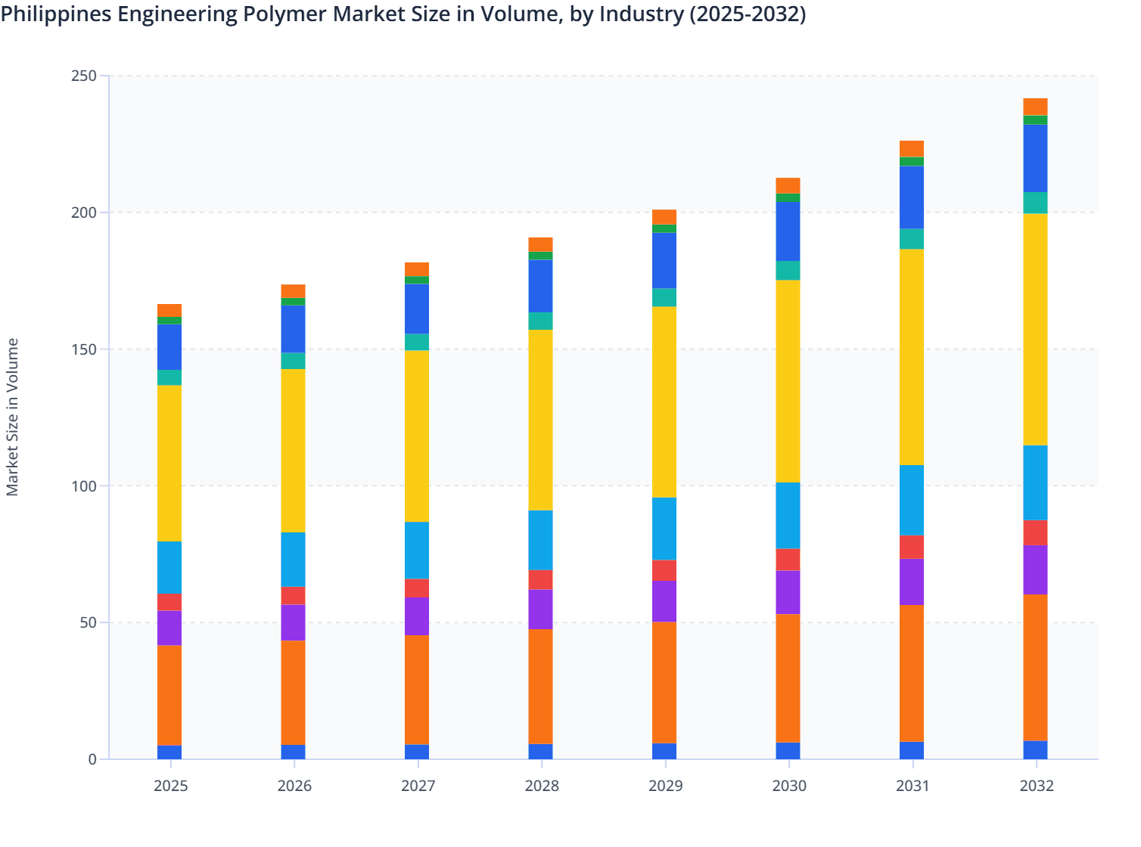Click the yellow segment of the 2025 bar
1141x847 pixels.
pyautogui.click(x=169, y=463)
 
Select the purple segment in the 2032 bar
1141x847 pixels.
pyautogui.click(x=1035, y=569)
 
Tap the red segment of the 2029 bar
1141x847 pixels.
pyautogui.click(x=664, y=570)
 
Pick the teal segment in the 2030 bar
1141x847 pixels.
pyautogui.click(x=788, y=271)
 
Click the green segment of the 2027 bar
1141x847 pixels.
pyautogui.click(x=417, y=280)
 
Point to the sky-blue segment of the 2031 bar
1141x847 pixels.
pyautogui.click(x=912, y=500)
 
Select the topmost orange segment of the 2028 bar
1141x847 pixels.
pyautogui.click(x=540, y=244)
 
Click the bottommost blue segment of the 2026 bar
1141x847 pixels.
pyautogui.click(x=294, y=752)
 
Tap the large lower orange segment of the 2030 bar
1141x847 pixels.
pyautogui.click(x=788, y=678)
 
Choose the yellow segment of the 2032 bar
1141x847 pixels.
pyautogui.click(x=1035, y=330)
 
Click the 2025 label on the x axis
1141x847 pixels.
pyautogui.click(x=170, y=786)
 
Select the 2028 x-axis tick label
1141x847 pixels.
pyautogui.click(x=542, y=786)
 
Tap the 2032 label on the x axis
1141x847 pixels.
pyautogui.click(x=1037, y=786)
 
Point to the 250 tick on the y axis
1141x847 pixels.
pyautogui.click(x=84, y=76)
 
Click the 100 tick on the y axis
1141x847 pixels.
pyautogui.click(x=84, y=486)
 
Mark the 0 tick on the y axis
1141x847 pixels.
pyautogui.click(x=92, y=759)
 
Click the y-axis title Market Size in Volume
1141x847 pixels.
pyautogui.click(x=12, y=417)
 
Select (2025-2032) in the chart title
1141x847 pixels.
pyautogui.click(x=748, y=14)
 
